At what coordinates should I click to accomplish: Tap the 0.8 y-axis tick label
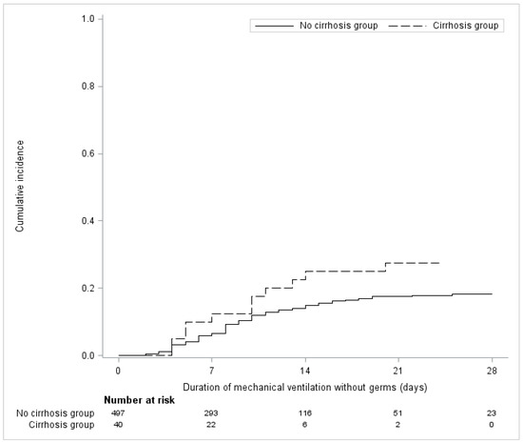[87, 86]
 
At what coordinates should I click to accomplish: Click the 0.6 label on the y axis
[87, 153]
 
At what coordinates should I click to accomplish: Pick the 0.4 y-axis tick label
[87, 221]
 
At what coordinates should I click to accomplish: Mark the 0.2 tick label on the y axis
[87, 288]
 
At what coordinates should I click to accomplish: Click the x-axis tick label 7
[211, 371]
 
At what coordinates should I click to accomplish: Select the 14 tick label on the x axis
[305, 371]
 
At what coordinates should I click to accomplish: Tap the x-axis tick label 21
[397, 371]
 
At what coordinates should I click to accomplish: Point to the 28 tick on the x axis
[492, 371]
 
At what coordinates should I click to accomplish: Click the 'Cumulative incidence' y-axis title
[20, 186]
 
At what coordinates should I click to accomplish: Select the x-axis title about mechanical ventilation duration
[305, 387]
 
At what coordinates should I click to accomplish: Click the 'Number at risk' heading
[140, 400]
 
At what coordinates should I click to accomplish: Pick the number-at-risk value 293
[211, 413]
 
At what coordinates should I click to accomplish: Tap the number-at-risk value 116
[305, 413]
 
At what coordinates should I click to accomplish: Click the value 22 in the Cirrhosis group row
[211, 425]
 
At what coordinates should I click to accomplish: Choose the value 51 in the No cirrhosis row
[397, 413]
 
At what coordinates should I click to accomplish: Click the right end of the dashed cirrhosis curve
[439, 263]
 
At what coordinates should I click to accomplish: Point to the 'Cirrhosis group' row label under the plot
[62, 425]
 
